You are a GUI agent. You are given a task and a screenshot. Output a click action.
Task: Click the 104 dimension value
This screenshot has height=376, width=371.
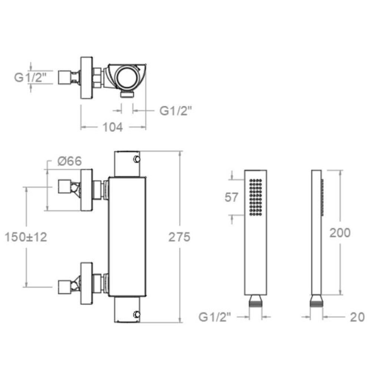(112, 127)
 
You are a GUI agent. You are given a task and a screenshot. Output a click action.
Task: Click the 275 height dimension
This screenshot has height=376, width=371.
(179, 237)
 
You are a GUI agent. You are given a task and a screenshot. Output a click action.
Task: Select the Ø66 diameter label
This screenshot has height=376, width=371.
(70, 161)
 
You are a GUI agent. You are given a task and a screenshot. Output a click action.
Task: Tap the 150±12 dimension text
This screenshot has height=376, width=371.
(26, 237)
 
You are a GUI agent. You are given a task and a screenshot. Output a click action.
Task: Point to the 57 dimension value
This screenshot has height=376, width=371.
(232, 197)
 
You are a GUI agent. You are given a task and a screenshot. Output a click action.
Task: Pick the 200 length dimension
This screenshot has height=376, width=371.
(340, 232)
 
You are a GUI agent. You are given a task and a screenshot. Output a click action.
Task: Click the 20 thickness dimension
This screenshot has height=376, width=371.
(357, 317)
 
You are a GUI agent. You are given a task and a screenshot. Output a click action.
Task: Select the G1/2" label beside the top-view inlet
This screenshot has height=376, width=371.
(30, 77)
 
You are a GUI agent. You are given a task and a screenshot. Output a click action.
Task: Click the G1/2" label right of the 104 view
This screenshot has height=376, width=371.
(175, 111)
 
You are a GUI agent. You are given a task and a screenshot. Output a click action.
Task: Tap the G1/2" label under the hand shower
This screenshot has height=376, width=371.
(214, 317)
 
